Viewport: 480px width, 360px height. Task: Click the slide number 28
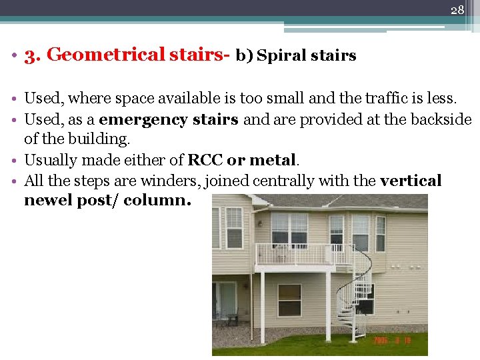click(457, 10)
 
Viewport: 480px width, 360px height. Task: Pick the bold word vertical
click(410, 181)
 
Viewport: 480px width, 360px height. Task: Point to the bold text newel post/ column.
click(107, 201)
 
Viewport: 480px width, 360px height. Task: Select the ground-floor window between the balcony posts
click(289, 299)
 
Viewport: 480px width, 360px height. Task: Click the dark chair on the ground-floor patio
click(231, 319)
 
